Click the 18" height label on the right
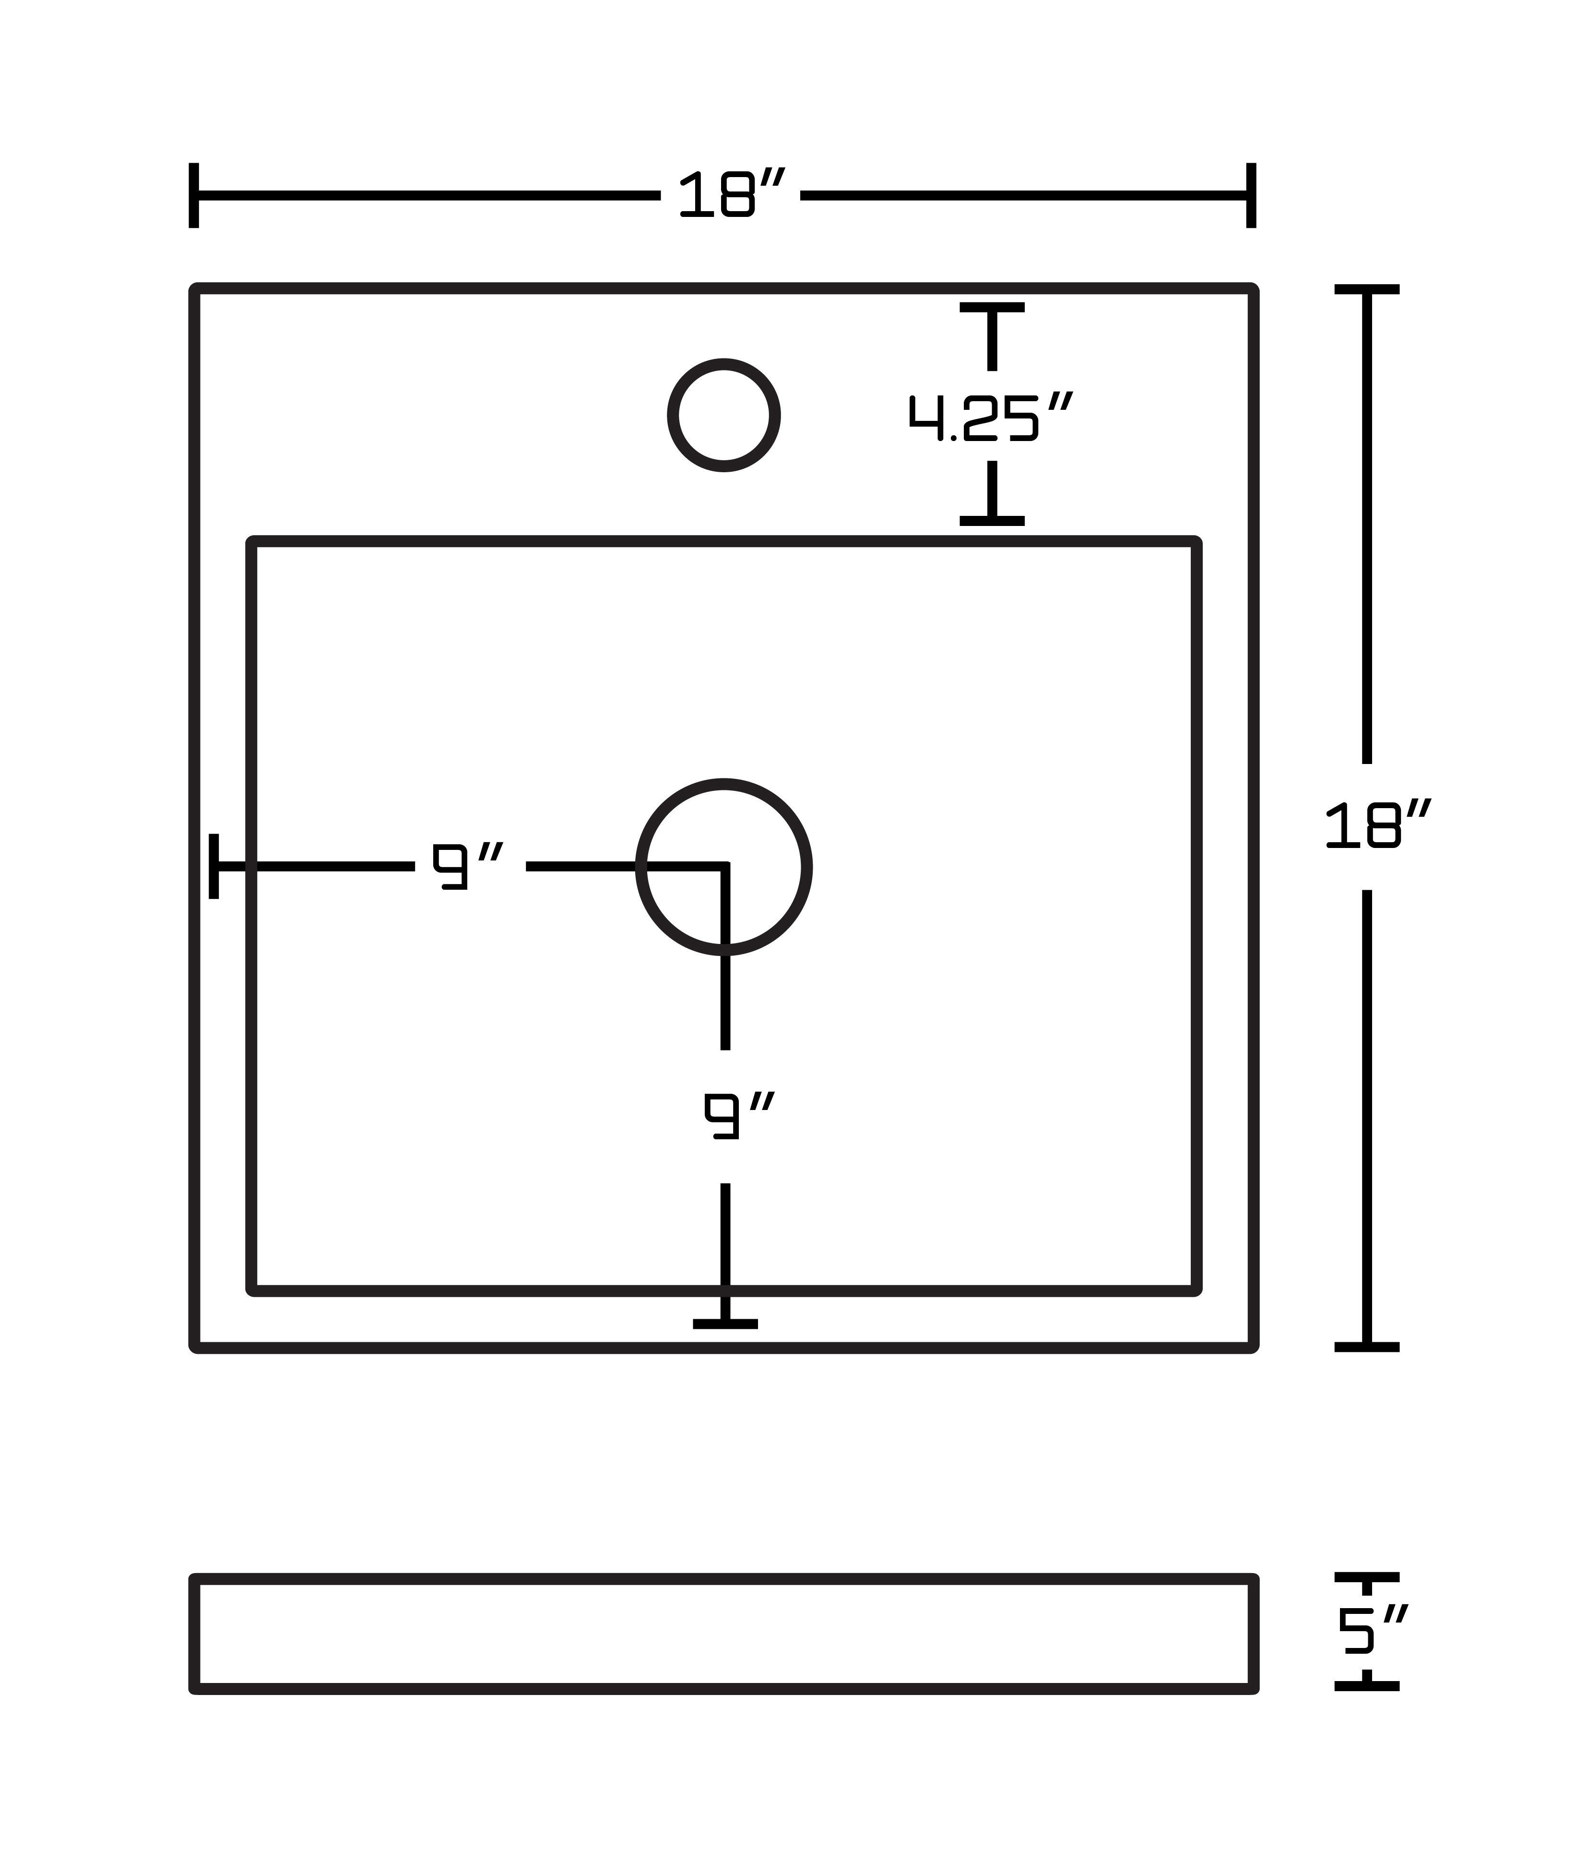pyautogui.click(x=1378, y=824)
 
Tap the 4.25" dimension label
pyautogui.click(x=990, y=417)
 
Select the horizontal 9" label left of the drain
pyautogui.click(x=468, y=865)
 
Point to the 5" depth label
pyautogui.click(x=1372, y=1628)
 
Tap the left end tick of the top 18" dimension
pyautogui.click(x=194, y=195)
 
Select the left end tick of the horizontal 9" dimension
pyautogui.click(x=213, y=866)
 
